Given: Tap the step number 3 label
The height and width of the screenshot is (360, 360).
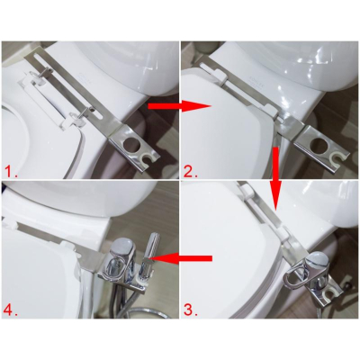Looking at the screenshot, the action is point(191,310).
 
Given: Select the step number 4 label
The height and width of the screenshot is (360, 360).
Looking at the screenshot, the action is point(11,310).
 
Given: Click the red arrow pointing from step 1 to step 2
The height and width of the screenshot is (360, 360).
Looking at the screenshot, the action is point(179,106).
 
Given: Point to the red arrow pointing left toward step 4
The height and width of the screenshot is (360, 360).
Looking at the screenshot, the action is point(184,258).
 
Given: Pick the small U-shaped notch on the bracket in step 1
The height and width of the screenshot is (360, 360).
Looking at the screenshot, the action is point(148,157).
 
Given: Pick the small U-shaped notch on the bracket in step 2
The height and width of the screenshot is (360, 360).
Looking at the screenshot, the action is point(337,157).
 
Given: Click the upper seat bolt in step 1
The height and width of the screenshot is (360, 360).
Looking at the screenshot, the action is point(46,71).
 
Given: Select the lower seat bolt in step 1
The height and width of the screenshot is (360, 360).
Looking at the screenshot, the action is point(85,112).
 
